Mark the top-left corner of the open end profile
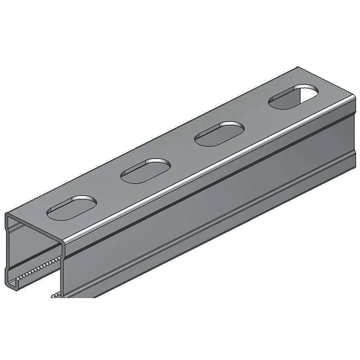(x=8, y=215)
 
